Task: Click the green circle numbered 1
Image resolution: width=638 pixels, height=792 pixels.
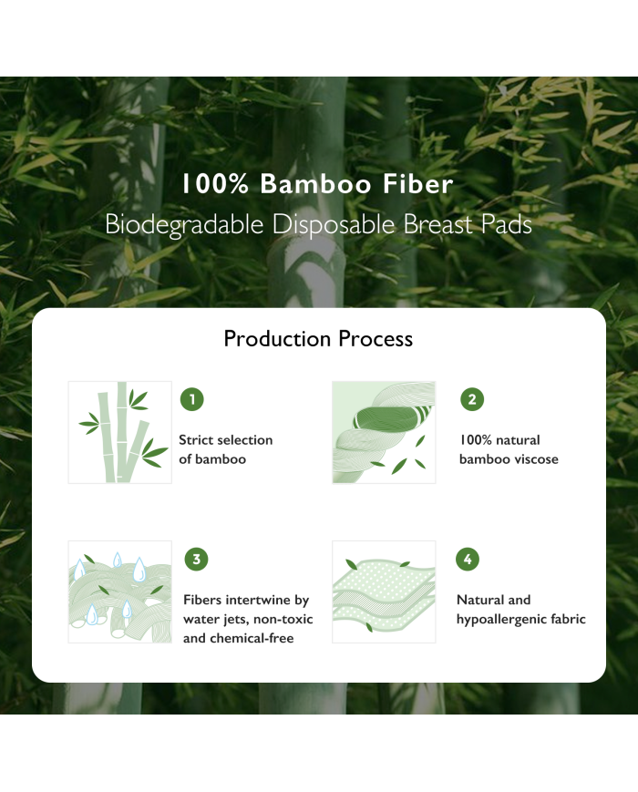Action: (x=192, y=399)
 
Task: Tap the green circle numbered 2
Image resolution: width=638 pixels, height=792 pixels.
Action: (x=472, y=399)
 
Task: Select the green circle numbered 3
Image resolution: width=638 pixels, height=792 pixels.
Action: (x=197, y=560)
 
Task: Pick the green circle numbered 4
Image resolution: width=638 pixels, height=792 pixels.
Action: (x=468, y=560)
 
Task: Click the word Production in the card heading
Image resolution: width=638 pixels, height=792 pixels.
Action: (x=278, y=338)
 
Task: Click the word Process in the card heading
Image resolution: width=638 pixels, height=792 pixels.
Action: (x=376, y=338)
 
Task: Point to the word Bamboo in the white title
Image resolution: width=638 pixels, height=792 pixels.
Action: (x=315, y=183)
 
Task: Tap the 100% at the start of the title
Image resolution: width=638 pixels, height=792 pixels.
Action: (x=215, y=183)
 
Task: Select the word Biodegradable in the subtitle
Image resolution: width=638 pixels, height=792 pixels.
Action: (x=184, y=225)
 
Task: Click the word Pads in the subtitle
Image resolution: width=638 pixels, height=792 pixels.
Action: (x=506, y=224)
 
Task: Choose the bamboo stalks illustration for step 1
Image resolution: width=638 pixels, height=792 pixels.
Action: (x=119, y=432)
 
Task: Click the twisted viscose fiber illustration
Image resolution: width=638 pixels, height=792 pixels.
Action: (x=384, y=432)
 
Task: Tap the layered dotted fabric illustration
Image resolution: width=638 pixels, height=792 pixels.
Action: (x=384, y=591)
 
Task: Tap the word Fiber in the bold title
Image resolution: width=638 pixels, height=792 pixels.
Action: (x=417, y=183)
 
